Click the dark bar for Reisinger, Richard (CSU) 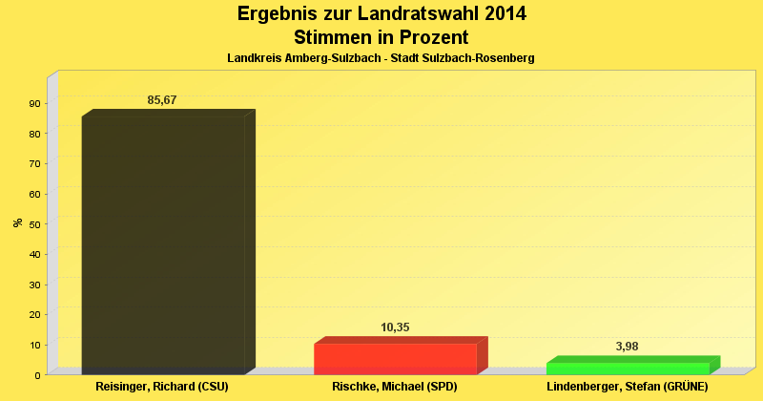[163, 244]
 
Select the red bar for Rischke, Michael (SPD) [395, 359]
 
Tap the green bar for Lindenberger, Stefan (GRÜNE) [628, 369]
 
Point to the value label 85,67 [162, 100]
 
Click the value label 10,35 [395, 327]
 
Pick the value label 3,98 [628, 347]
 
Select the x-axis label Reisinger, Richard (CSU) [163, 388]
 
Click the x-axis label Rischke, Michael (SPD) [395, 388]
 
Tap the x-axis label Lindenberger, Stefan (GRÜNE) [628, 388]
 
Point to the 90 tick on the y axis [34, 103]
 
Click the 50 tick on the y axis [34, 224]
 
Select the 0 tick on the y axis [37, 375]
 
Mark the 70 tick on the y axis [34, 164]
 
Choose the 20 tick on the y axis [34, 315]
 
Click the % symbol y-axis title [17, 222]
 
